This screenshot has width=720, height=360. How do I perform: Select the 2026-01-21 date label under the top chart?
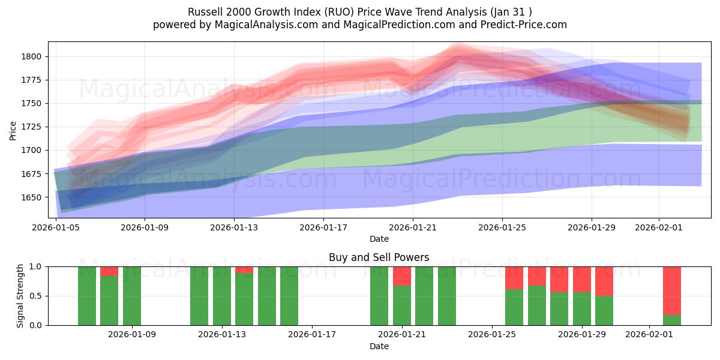pyautogui.click(x=413, y=227)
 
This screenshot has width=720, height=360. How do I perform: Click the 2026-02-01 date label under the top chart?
pyautogui.click(x=659, y=227)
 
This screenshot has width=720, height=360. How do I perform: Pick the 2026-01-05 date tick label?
pyautogui.click(x=56, y=227)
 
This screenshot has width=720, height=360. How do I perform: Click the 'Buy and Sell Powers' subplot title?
pyautogui.click(x=379, y=257)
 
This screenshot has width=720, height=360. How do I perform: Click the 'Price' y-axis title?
pyautogui.click(x=13, y=130)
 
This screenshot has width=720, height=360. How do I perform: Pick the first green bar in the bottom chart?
pyautogui.click(x=87, y=295)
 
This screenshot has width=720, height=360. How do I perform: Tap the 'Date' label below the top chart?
pyautogui.click(x=379, y=239)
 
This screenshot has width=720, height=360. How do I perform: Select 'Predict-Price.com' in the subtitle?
pyautogui.click(x=526, y=25)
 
